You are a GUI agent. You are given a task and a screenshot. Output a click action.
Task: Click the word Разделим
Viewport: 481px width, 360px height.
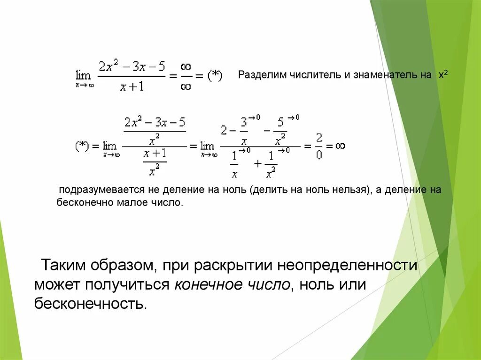click(x=258, y=75)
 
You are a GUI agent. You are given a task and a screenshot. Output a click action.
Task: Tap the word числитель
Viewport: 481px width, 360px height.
click(x=307, y=75)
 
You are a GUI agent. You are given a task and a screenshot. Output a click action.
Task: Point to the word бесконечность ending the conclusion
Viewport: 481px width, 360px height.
click(x=91, y=304)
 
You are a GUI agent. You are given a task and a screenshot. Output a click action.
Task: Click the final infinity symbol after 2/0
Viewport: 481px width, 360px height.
click(x=340, y=146)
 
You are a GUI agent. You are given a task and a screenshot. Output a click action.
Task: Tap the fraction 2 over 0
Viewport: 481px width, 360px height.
click(x=319, y=146)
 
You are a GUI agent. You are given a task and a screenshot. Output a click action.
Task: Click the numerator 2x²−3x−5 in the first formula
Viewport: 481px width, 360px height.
click(x=132, y=67)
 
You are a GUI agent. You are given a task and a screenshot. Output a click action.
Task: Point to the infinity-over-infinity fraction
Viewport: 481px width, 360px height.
click(x=186, y=77)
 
